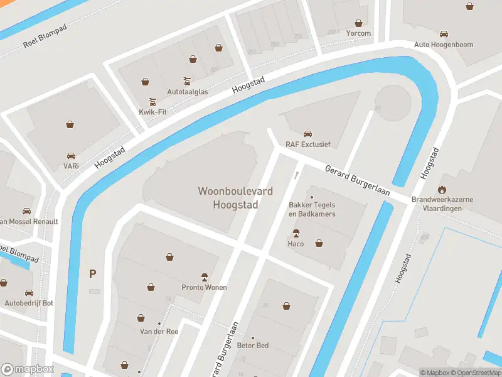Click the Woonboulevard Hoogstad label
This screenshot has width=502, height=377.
pos(235,197)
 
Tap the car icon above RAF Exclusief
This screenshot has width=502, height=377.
pos(307,134)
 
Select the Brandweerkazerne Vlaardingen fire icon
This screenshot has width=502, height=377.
pos(442,189)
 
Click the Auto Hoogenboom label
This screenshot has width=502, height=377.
pos(444,45)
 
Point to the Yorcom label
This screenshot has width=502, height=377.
pos(358,33)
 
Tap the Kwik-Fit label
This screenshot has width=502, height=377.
pos(152,112)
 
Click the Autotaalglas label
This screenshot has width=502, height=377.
pos(187,91)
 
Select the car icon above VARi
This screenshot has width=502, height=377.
pos(71,155)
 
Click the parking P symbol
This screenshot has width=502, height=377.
pos(93,273)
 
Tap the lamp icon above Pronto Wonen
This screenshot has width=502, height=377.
pos(204,276)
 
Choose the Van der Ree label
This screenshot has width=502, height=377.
pos(154,331)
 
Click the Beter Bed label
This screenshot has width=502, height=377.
pos(253,346)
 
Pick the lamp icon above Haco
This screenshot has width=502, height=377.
pos(296,233)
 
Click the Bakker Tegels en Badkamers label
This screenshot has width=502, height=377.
pos(312,209)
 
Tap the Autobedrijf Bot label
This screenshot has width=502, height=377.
pos(29,303)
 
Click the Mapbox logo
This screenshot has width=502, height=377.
pos(27,369)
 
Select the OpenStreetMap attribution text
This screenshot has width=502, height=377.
pos(476,373)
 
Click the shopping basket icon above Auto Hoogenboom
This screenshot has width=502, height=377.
pos(469,7)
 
